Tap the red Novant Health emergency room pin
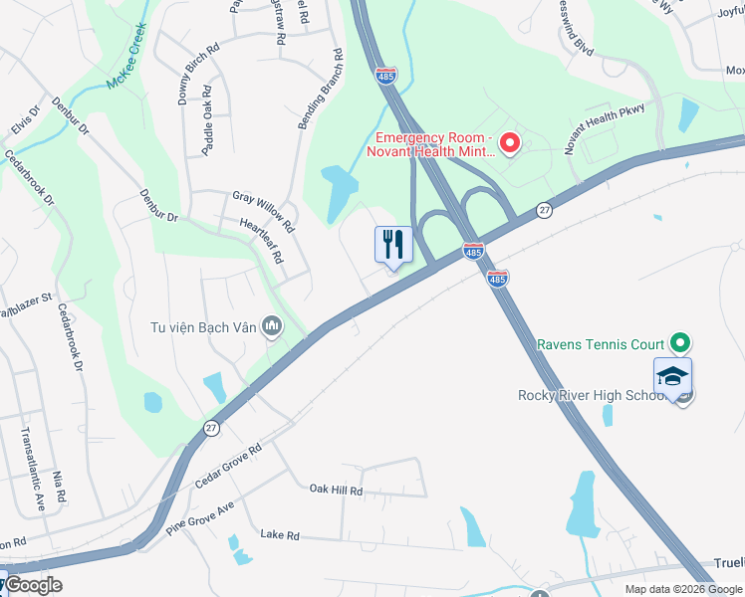[x=510, y=144]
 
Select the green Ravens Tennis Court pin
[x=679, y=344]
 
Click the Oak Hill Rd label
[x=336, y=491]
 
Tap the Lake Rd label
[x=280, y=534]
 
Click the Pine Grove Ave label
[x=199, y=519]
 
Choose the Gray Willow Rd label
[x=263, y=211]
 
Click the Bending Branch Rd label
[x=319, y=90]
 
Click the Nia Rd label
[x=61, y=487]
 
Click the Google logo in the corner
[x=33, y=585]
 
